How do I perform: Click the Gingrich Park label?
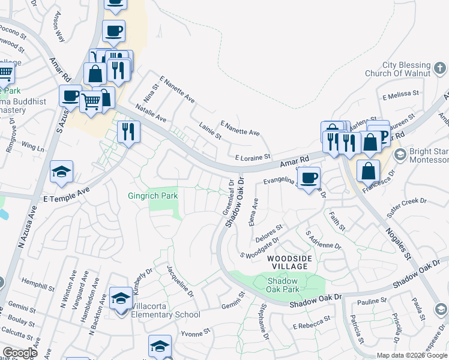(x=152, y=196)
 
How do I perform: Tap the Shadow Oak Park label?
(x=283, y=284)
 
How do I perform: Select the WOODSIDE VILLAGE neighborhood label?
(x=290, y=262)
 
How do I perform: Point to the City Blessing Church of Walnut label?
(x=415, y=70)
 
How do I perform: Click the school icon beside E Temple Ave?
(x=62, y=172)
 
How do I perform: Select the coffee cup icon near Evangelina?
(x=309, y=178)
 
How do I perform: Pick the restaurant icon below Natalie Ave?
(x=128, y=131)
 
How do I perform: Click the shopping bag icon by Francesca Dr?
(x=368, y=170)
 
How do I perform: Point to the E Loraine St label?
(x=253, y=158)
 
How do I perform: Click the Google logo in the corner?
(x=20, y=353)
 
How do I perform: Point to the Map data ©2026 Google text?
(x=412, y=355)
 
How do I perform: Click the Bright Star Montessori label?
(x=428, y=156)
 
